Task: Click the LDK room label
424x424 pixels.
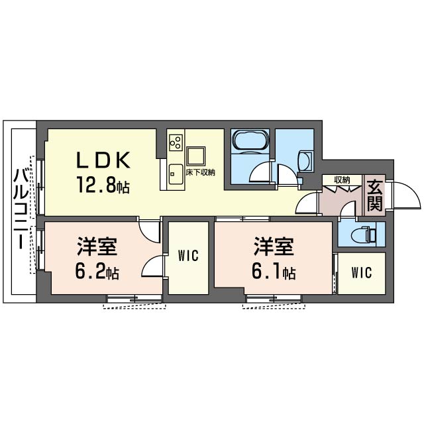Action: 104,160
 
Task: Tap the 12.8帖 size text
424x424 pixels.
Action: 103,185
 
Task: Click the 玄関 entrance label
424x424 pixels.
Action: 374,195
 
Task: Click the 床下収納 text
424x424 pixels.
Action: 200,172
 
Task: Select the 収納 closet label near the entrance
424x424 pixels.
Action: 342,180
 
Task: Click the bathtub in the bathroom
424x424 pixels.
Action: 250,139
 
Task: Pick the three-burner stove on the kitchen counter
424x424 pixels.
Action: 176,143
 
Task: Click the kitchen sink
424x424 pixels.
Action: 176,174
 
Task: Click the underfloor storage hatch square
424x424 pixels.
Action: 196,156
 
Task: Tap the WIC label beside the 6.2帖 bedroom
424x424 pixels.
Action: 188,255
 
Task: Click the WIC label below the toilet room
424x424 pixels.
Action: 362,272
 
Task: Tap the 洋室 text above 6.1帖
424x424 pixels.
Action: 274,246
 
